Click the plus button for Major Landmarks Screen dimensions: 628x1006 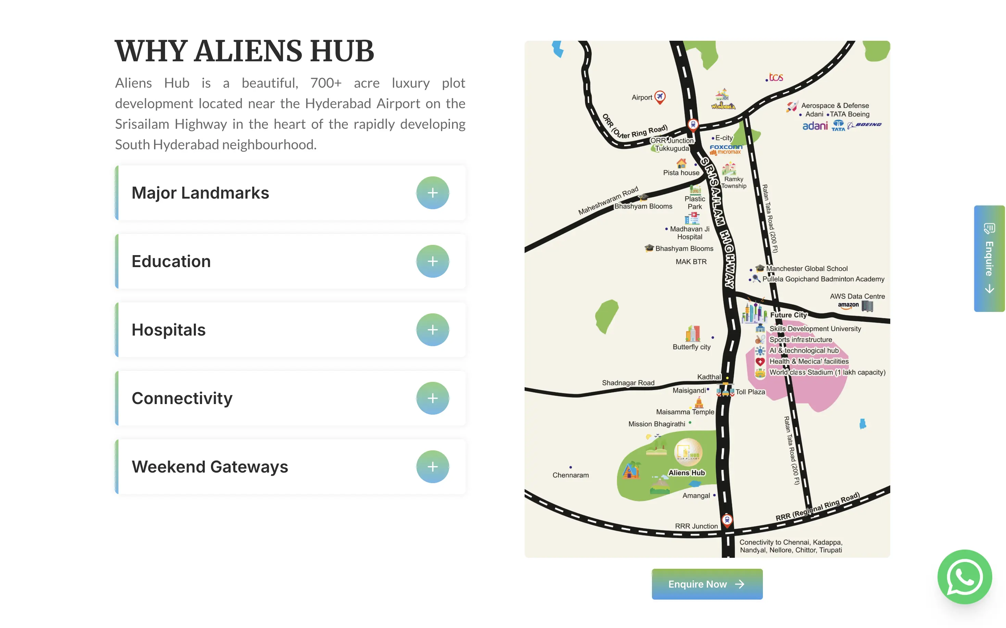tap(432, 193)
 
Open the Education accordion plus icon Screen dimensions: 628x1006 tap(432, 261)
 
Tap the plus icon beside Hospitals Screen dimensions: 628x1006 tap(432, 330)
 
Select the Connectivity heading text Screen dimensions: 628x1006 tap(182, 398)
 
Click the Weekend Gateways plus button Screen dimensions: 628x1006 tap(432, 466)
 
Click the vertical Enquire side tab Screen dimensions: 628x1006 tap(989, 258)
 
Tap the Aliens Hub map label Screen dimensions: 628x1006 tap(686, 473)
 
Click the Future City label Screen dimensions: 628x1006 tap(788, 315)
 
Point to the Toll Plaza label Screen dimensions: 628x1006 tap(750, 392)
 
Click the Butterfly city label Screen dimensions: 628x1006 tap(691, 347)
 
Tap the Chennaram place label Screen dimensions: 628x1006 tap(570, 475)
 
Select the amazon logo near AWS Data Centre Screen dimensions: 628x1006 tap(848, 305)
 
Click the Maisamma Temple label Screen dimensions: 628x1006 tap(684, 412)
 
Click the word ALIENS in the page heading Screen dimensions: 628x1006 tap(248, 51)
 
